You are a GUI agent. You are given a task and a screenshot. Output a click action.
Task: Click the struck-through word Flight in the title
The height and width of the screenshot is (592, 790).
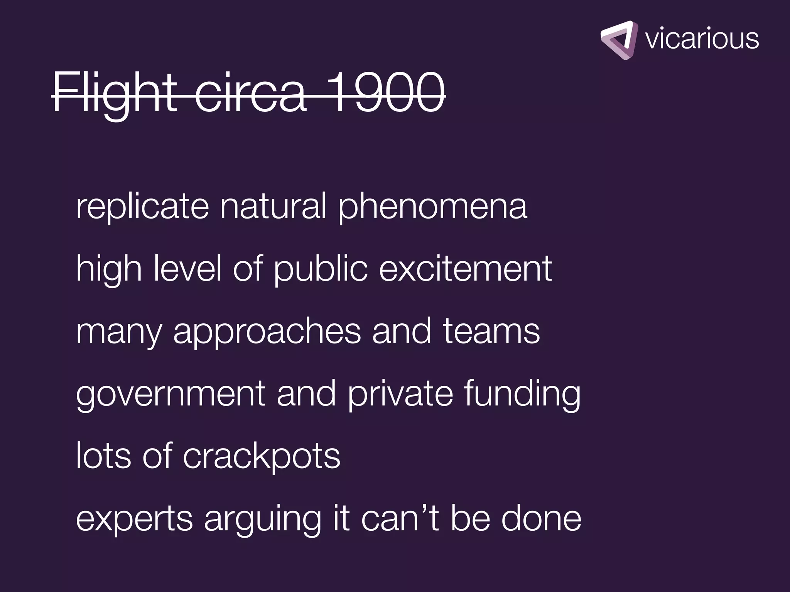tap(114, 93)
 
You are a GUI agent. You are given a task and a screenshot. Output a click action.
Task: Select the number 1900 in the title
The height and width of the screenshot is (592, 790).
tap(387, 93)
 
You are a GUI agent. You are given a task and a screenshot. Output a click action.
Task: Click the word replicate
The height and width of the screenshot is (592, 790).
tap(142, 207)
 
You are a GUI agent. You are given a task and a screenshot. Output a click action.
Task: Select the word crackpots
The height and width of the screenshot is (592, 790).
tap(261, 457)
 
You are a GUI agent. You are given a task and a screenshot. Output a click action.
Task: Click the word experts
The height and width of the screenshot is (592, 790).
tap(134, 520)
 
